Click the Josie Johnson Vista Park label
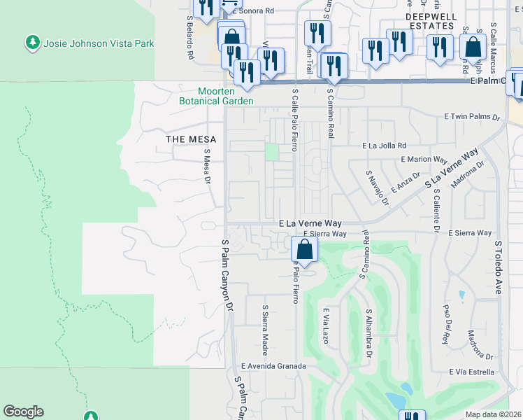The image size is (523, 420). (x=99, y=43)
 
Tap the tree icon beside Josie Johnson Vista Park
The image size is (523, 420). (x=33, y=43)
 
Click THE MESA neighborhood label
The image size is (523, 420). (x=191, y=139)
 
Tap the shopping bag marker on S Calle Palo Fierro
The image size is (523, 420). (x=305, y=248)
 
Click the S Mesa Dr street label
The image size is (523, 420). (x=207, y=166)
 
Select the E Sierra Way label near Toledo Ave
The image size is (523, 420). (x=470, y=232)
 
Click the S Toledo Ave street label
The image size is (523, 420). (x=499, y=267)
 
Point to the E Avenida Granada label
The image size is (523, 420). (x=273, y=365)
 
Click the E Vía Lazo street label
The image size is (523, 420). (x=325, y=328)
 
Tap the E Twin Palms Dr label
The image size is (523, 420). (x=473, y=118)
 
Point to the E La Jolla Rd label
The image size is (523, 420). (x=384, y=146)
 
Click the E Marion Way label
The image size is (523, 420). (x=424, y=160)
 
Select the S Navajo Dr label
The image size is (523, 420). (x=377, y=188)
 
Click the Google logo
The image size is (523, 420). (x=24, y=412)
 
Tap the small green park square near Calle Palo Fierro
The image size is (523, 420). (x=271, y=151)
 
